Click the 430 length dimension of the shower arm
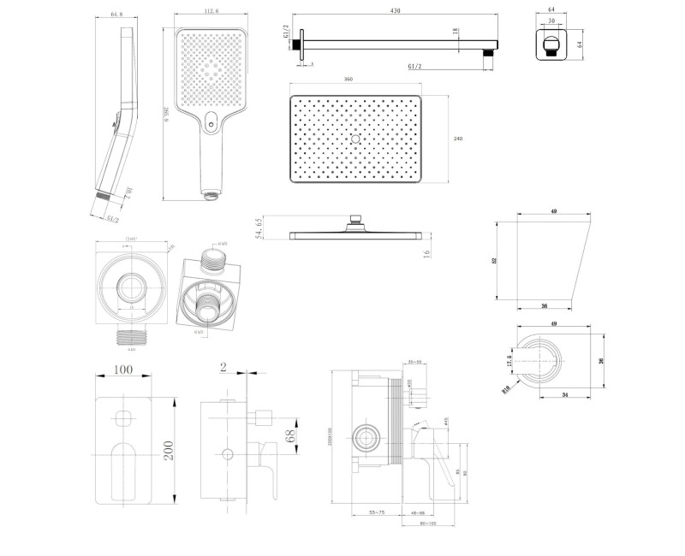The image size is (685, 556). click(x=395, y=11)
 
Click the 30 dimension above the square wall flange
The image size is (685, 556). click(x=551, y=21)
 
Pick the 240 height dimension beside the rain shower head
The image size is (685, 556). click(x=458, y=138)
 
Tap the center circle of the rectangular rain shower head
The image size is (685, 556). click(x=355, y=138)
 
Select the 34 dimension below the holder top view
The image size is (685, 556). click(x=567, y=395)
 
